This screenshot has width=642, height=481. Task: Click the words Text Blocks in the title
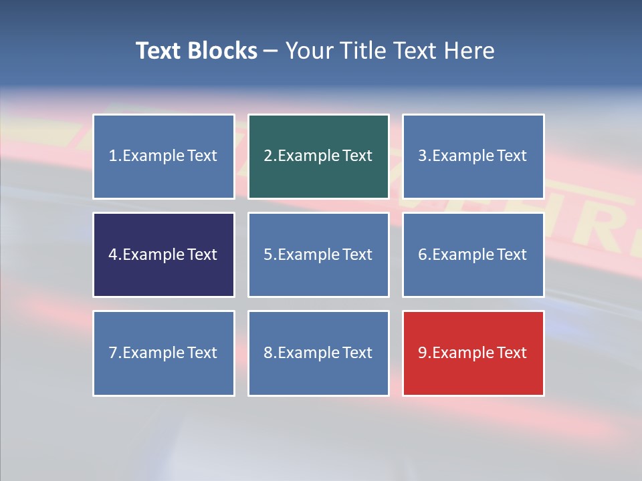(197, 51)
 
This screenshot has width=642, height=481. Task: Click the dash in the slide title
(271, 51)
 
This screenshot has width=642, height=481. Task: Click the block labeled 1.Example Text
(164, 156)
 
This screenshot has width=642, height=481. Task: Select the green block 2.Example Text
(318, 156)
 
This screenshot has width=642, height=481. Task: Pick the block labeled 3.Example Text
(473, 156)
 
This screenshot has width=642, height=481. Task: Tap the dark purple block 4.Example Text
(164, 255)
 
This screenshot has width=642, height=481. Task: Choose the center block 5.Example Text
(318, 255)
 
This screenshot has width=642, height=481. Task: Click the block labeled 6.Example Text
(473, 255)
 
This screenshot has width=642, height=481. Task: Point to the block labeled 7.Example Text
(164, 353)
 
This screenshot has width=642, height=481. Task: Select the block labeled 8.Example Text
(318, 353)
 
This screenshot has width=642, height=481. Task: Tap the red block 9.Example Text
(473, 353)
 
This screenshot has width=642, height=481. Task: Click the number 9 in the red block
(423, 353)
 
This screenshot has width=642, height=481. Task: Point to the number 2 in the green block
(268, 156)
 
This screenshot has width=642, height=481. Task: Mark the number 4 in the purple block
(113, 255)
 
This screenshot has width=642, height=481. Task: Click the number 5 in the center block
(268, 255)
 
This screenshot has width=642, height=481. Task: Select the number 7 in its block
(113, 353)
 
